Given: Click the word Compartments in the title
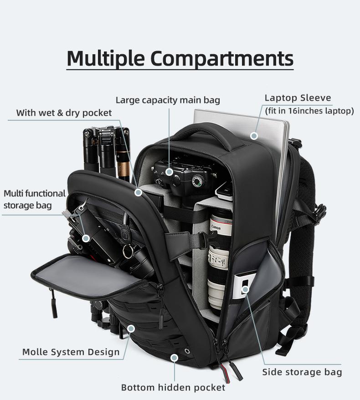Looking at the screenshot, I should pos(221,58).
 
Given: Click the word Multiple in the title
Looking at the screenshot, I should pos(106,58).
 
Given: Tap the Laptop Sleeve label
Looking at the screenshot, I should pos(298,98).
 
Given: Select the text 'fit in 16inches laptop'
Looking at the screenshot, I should pos(309,111).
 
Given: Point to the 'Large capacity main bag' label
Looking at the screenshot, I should pos(168,100).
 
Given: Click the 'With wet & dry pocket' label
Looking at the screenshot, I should pos(64,113).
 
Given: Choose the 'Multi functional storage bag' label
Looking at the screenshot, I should pos(34,200).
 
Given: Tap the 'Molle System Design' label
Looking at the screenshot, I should pos(71,352).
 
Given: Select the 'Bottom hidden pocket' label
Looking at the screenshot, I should pos(173,387).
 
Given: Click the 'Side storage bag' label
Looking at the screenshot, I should pos(302,372).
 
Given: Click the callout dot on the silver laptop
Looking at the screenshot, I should pos(254,136).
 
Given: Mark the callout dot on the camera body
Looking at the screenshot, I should pos(169,172).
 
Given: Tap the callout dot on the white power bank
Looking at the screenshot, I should pos(245,289).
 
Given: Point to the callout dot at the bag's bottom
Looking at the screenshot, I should pos(174,359).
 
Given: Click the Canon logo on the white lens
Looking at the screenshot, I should pos(216,228).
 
